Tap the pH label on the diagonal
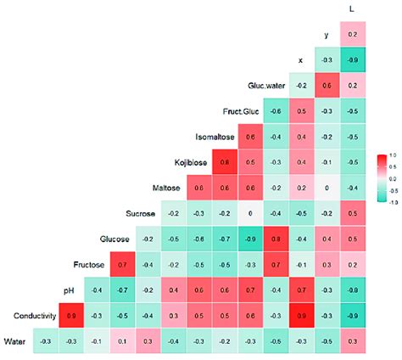72,291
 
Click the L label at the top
351,9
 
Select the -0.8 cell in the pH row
351,291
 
